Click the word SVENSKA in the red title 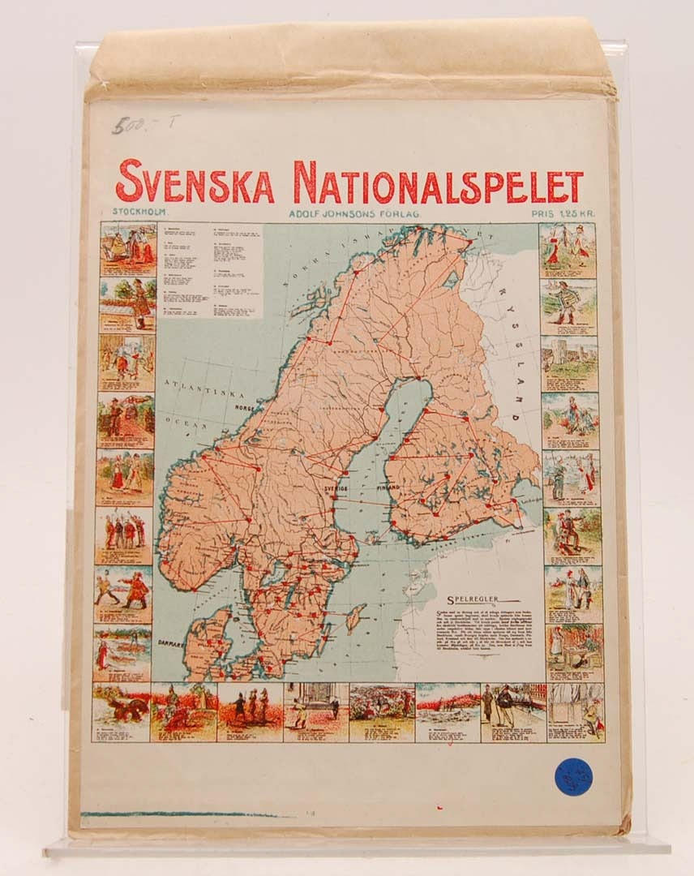[195, 182]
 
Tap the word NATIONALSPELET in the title [438, 182]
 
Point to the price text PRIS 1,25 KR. [563, 213]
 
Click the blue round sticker [573, 776]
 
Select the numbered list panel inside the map [211, 270]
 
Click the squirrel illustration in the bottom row [121, 711]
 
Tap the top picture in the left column [128, 249]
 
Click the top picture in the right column [567, 250]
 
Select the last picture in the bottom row [576, 711]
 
